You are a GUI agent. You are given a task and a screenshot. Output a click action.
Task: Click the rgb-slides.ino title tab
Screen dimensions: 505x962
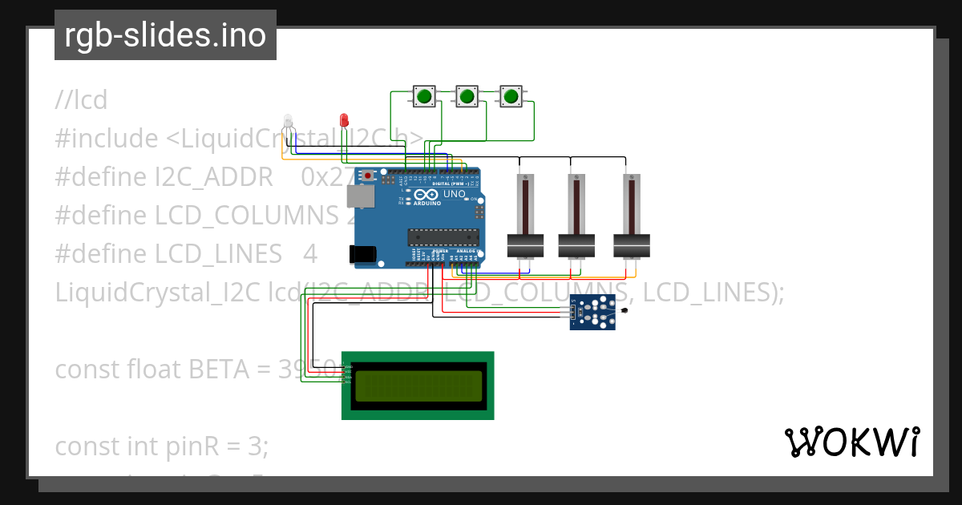tap(165, 35)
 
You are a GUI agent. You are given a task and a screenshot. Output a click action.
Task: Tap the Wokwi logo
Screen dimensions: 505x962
tap(851, 442)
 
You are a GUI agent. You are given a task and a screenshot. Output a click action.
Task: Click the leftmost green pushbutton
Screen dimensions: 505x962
tap(424, 97)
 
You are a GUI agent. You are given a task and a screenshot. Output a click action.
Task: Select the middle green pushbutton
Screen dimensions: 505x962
tap(467, 97)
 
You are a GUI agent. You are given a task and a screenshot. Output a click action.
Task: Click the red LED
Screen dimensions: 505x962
tap(344, 120)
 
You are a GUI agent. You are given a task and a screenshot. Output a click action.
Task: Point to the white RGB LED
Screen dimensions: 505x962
tap(289, 122)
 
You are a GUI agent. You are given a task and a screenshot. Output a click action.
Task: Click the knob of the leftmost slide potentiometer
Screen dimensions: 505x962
tap(526, 245)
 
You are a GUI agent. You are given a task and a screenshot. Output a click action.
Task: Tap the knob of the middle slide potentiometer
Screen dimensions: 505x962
tap(576, 245)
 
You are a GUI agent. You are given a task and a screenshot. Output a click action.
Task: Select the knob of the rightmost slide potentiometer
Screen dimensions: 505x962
tap(632, 245)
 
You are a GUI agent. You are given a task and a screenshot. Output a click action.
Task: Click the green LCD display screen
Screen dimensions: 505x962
tap(418, 386)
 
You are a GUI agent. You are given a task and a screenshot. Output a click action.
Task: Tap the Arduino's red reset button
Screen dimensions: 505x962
tap(368, 176)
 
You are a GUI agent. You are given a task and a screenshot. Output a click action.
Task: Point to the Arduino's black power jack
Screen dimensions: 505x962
tap(362, 254)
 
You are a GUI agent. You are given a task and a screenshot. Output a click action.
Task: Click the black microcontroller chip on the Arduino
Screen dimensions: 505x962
tap(443, 236)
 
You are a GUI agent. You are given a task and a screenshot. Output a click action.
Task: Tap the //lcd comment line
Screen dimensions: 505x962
tap(81, 101)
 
